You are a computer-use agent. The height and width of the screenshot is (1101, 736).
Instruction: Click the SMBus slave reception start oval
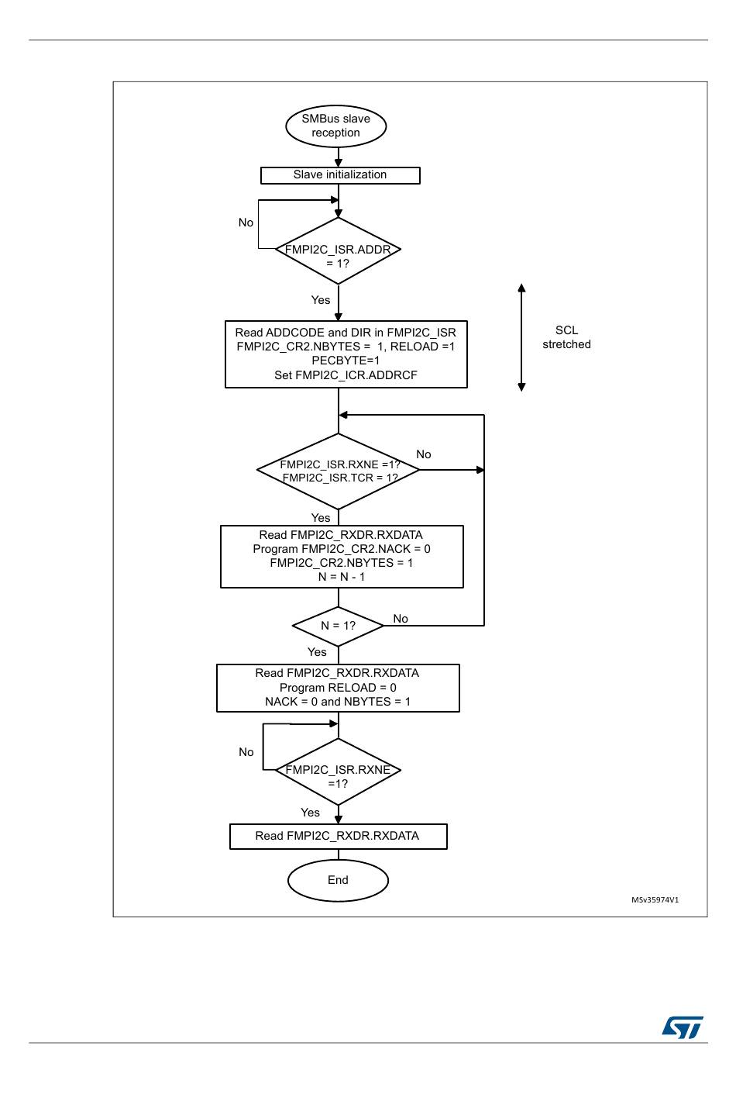[x=335, y=126]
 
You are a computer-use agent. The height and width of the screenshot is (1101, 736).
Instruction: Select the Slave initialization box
[x=340, y=175]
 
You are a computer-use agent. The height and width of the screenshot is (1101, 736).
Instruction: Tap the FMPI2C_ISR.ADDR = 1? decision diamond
[x=338, y=250]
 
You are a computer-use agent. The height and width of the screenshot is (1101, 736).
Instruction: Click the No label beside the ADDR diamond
[x=246, y=223]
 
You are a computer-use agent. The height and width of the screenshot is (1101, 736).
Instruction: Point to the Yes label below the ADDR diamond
[x=321, y=300]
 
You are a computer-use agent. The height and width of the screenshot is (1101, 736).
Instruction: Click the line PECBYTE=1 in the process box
[x=346, y=361]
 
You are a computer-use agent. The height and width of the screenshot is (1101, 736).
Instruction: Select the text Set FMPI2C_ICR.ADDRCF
[x=346, y=375]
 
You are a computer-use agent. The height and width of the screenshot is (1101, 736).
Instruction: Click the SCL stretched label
[x=566, y=337]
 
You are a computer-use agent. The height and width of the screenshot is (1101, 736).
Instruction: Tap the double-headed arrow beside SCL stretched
[x=522, y=337]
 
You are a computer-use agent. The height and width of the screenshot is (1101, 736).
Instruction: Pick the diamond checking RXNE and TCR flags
[x=338, y=471]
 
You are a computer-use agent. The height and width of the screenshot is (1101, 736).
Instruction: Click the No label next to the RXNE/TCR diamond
[x=423, y=454]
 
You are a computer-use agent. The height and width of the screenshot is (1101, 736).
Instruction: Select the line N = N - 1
[x=342, y=577]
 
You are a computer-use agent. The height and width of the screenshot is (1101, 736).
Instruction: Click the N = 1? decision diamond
[x=338, y=626]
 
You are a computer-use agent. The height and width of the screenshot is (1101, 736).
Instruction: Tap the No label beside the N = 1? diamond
[x=401, y=619]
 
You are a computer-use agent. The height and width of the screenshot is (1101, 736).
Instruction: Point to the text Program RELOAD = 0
[x=338, y=688]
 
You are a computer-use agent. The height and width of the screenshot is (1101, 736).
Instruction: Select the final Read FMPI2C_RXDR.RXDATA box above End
[x=339, y=836]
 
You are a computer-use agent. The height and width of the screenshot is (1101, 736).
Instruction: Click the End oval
[x=338, y=880]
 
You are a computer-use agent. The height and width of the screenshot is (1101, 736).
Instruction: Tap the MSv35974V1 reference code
[x=655, y=899]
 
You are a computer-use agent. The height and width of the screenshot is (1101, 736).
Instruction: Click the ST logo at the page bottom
[x=683, y=1027]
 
